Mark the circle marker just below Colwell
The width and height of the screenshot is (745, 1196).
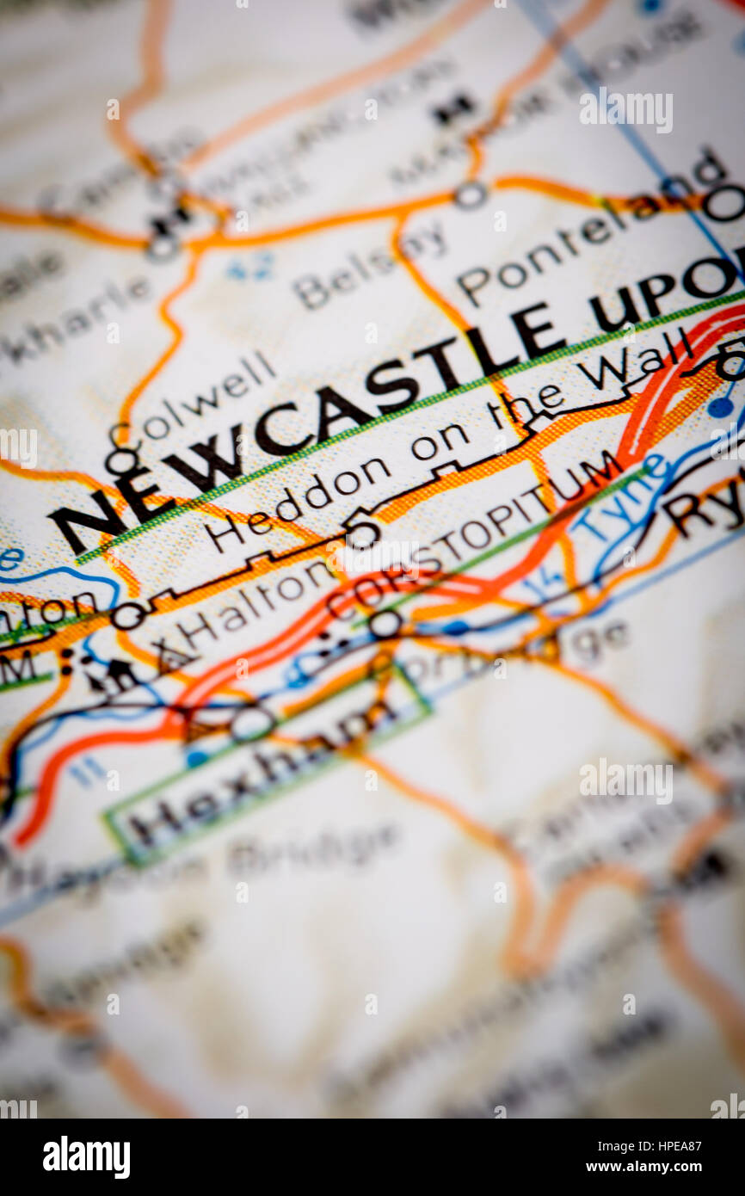coord(121,463)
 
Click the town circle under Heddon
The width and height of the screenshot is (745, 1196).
coord(362,533)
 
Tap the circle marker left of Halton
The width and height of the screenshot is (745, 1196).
coord(128,616)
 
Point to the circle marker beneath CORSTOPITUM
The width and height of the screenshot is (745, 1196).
coord(385,624)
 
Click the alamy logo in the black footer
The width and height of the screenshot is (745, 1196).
coord(86,1157)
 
